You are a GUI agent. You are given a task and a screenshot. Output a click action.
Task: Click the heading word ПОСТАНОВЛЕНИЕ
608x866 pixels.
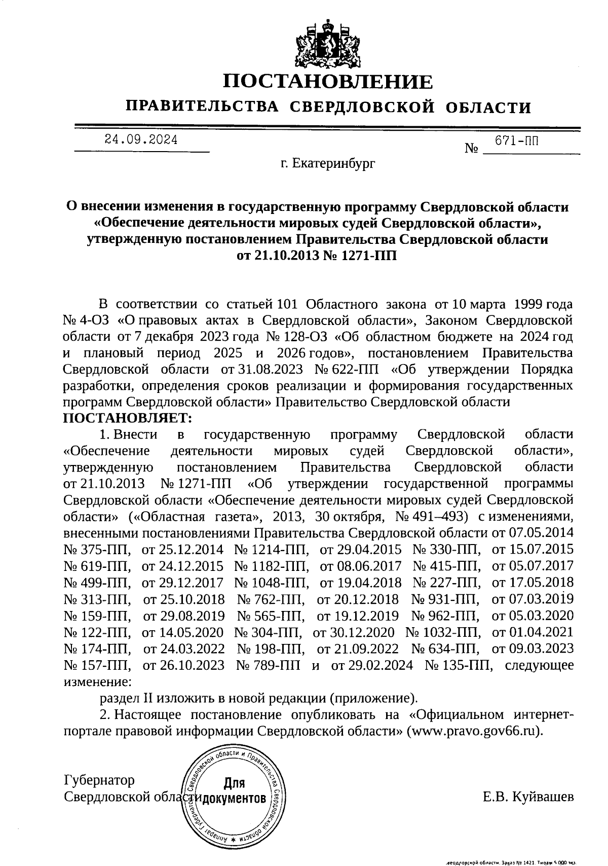[328, 82]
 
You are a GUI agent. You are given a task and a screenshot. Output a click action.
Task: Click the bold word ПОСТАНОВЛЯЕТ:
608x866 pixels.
[128, 418]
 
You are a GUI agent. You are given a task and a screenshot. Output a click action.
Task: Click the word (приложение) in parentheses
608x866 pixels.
[373, 698]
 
